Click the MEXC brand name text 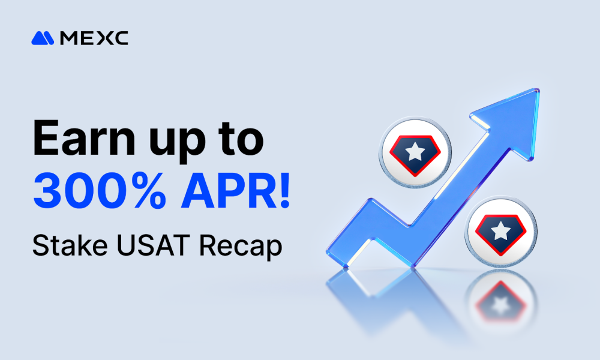point(94,38)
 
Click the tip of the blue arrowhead point(536,92)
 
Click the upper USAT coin point(415,153)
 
